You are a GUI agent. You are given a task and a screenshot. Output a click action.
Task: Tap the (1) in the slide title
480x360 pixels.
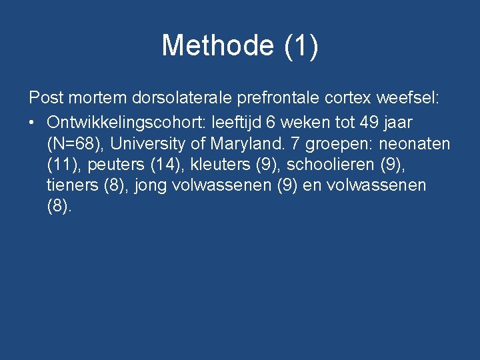[x=301, y=46]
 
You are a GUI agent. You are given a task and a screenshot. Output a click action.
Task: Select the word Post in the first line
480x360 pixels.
[x=45, y=99]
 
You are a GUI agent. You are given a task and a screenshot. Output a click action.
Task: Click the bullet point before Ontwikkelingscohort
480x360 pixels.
[x=32, y=123]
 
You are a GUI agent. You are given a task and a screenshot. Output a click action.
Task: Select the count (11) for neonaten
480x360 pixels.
[x=60, y=165]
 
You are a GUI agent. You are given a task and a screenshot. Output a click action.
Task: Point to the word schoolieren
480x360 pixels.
[x=330, y=165]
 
